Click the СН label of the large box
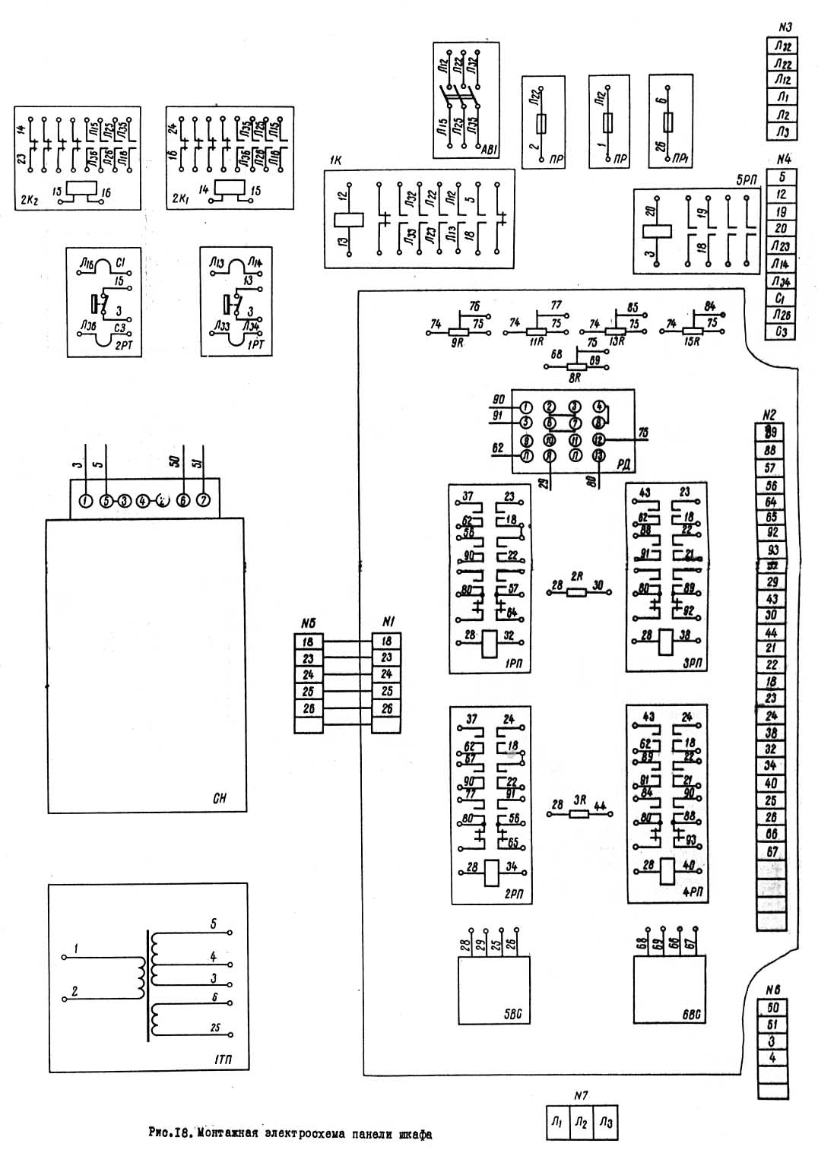coord(220,799)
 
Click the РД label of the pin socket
coord(623,464)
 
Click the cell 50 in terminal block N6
coord(773,1008)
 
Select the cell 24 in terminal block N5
coord(309,674)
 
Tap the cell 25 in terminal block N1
coord(387,691)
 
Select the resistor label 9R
coord(458,344)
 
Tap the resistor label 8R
coord(575,376)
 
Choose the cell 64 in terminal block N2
coord(771,501)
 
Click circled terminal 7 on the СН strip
coord(203,500)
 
